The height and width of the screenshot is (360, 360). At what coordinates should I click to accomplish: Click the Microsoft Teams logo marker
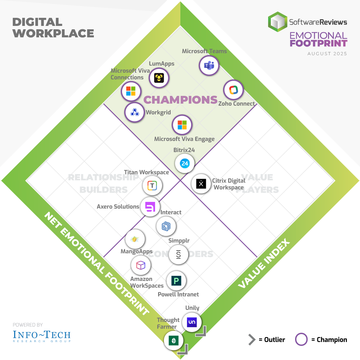[209, 66]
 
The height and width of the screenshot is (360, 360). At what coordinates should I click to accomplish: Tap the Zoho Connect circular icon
[233, 90]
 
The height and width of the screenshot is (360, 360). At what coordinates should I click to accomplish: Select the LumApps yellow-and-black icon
[159, 78]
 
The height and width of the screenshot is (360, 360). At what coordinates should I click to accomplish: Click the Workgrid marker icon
[135, 112]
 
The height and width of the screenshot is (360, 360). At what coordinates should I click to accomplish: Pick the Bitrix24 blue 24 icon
[185, 164]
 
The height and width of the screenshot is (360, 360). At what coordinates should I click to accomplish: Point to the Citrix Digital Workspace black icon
[201, 184]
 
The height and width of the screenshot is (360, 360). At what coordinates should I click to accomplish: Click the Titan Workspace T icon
[152, 185]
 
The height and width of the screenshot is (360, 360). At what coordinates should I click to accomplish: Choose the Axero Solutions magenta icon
[150, 207]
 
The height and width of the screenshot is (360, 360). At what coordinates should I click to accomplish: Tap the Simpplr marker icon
[178, 254]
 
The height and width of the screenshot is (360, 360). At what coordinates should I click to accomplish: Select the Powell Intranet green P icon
[176, 281]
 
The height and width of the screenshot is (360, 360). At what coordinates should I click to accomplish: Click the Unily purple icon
[192, 322]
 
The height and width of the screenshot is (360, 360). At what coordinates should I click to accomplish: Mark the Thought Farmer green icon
[174, 340]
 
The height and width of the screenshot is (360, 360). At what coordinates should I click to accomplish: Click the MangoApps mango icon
[135, 240]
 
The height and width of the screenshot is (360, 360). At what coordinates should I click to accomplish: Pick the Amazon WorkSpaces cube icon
[141, 265]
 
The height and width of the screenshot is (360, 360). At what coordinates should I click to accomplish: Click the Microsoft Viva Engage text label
[184, 139]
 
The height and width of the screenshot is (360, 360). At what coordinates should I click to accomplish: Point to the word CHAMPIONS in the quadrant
[181, 100]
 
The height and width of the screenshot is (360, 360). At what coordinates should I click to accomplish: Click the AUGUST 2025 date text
[327, 53]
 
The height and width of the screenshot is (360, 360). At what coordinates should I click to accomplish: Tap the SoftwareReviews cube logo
[278, 22]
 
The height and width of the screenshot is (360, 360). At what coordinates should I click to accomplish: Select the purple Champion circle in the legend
[301, 340]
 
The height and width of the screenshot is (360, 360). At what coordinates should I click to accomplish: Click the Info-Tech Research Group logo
[42, 336]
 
